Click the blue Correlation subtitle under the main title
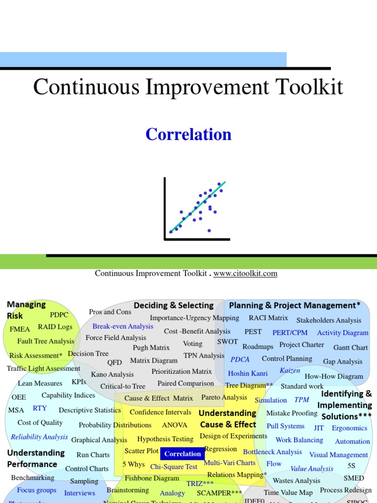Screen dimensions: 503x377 pos(188,134)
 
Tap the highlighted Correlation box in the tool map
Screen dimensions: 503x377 pos(183,454)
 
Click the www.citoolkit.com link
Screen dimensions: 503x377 pos(245,274)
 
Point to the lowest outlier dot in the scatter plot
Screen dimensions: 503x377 pos(209,230)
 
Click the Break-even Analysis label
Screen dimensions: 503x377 pos(123,326)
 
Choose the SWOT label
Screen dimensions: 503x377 pos(227,342)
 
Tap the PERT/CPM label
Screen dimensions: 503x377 pos(290,333)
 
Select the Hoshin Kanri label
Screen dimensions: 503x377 pos(248,373)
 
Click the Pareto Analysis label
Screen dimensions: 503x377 pos(224,397)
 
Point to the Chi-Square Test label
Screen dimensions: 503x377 pos(174,467)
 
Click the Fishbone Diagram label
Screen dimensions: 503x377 pos(152,478)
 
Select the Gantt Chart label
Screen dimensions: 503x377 pos(350,347)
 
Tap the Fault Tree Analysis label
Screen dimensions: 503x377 pos(46,341)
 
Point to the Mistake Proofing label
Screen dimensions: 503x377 pos(292,413)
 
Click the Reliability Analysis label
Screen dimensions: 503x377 pos(39,437)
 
